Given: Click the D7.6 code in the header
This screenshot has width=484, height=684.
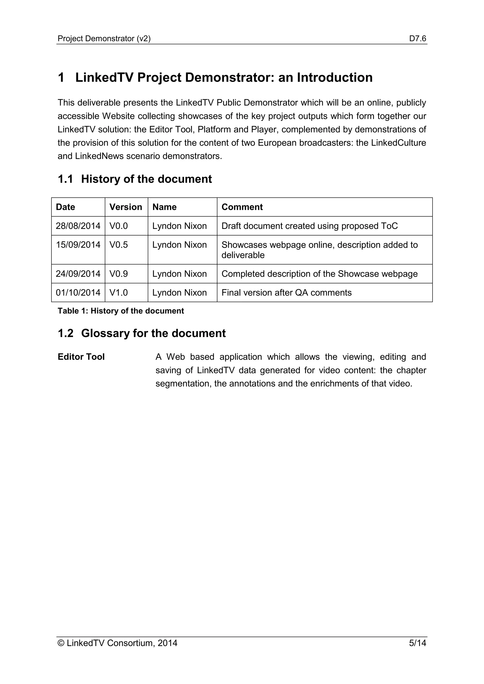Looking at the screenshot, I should [418, 38].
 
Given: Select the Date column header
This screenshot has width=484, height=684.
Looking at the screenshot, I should [65, 207].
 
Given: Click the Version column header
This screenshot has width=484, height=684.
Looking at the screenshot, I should [125, 207].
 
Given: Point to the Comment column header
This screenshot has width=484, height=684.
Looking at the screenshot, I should [242, 207].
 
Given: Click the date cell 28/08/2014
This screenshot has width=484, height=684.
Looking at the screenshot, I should [78, 226].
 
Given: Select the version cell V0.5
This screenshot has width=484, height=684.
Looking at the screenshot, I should [118, 245].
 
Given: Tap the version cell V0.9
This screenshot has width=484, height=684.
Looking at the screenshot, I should [118, 274].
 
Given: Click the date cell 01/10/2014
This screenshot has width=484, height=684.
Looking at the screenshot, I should [78, 293].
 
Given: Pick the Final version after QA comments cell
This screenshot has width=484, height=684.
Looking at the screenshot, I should [286, 293].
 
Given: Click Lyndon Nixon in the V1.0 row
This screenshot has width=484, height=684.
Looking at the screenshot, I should [179, 293].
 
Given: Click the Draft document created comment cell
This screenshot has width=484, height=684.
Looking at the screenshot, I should [309, 226].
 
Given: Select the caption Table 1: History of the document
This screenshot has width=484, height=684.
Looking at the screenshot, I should [121, 311].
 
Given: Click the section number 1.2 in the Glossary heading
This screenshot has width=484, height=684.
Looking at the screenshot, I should [65, 333].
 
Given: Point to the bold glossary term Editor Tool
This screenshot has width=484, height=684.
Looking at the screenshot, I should [81, 357].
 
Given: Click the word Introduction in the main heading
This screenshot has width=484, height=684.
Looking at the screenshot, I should [335, 77].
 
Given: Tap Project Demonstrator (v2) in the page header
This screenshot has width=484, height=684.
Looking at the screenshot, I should [104, 38].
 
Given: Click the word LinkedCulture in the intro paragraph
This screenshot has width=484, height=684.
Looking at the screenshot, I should [398, 143].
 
